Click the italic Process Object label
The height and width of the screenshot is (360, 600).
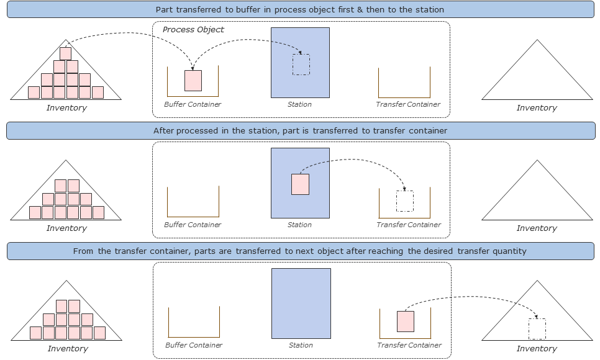pos(193,30)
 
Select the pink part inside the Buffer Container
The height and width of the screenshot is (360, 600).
pos(193,81)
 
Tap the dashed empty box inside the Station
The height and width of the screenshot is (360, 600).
pos(301,65)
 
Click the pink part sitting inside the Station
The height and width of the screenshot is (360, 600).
pos(300,184)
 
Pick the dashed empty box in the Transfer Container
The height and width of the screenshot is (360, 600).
pos(405,201)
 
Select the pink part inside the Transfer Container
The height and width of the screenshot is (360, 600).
pos(406,322)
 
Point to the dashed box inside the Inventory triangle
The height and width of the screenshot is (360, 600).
pos(537,328)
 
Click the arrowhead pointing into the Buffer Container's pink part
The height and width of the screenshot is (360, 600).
pos(193,68)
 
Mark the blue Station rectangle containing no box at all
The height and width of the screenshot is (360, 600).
pos(301,304)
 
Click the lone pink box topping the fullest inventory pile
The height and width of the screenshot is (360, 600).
pos(65,53)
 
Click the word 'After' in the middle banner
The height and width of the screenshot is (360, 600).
pos(164,131)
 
